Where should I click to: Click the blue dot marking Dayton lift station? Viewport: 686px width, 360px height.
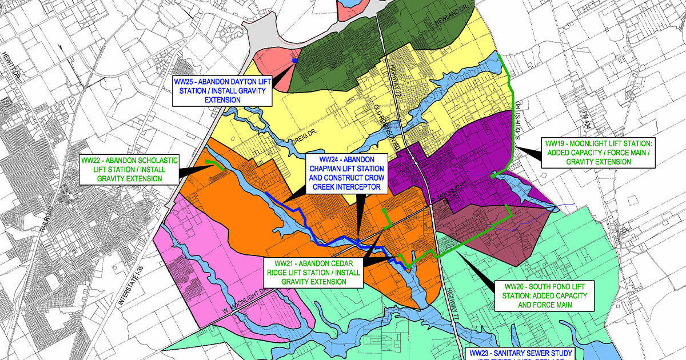point(294,60)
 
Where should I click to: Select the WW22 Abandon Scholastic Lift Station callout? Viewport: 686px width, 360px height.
point(129,169)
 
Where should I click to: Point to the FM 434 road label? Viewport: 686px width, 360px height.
point(587,105)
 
